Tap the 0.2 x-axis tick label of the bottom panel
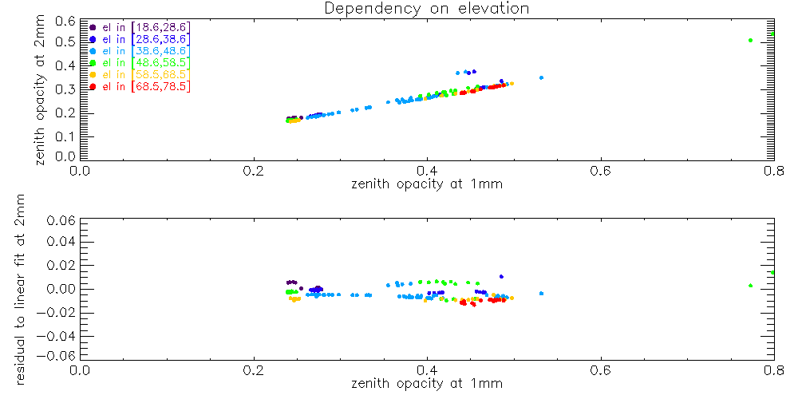coord(254,370)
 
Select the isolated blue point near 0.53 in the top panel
coord(541,77)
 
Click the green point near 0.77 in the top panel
coord(750,40)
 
